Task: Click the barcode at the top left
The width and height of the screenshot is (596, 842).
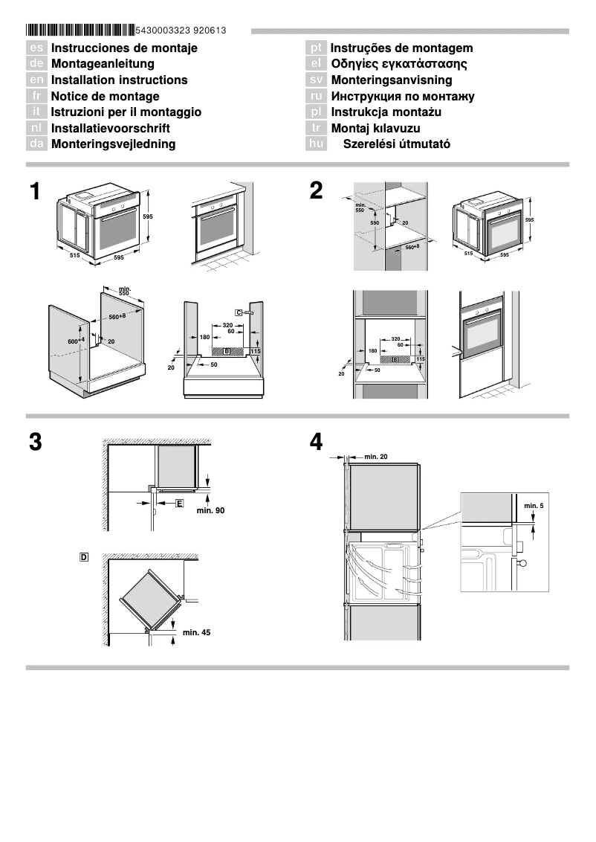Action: click(80, 30)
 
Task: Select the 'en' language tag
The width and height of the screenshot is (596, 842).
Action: click(36, 80)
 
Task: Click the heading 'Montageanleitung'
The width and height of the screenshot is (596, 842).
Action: click(103, 64)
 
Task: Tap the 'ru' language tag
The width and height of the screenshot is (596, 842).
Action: click(316, 97)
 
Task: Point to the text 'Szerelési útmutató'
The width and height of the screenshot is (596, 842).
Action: click(396, 144)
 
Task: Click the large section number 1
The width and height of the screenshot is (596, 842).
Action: click(35, 192)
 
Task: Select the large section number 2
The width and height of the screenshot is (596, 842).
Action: click(316, 192)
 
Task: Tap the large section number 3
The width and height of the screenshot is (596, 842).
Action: click(35, 443)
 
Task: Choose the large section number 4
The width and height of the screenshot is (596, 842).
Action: click(316, 443)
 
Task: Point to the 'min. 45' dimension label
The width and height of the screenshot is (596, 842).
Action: click(196, 632)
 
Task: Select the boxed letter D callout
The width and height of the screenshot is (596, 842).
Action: click(84, 556)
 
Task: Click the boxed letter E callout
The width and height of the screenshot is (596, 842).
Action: click(179, 504)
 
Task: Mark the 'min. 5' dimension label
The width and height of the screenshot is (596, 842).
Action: click(534, 506)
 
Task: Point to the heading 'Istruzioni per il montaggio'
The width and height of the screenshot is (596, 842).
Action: click(126, 112)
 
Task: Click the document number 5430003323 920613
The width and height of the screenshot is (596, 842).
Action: click(181, 30)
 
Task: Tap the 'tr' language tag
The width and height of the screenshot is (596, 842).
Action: click(316, 129)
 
